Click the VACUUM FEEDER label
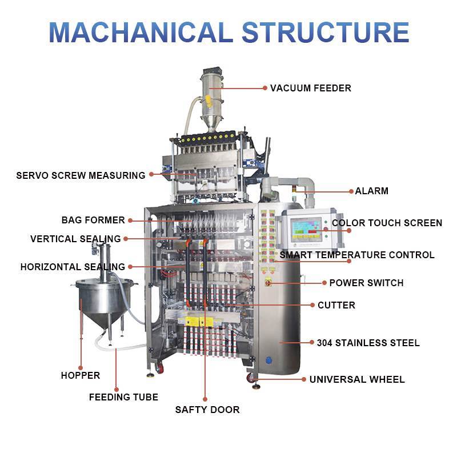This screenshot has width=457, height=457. point(310,88)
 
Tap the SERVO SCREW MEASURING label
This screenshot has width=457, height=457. point(81,175)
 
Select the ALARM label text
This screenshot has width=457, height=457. point(371,191)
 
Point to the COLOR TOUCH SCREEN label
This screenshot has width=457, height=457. point(387,223)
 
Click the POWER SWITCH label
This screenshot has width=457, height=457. point(366,283)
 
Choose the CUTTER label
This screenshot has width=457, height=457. point(336,305)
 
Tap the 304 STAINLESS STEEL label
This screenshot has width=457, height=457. point(368,343)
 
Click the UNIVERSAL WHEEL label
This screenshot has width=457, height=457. point(357,379)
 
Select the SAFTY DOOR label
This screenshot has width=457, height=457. point(207,410)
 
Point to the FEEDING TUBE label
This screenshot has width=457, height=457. point(123,397)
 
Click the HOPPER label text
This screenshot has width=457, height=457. point(81,375)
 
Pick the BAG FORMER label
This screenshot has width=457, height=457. point(93,220)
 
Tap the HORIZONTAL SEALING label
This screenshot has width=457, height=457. point(73,267)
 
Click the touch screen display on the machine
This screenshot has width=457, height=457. point(306,229)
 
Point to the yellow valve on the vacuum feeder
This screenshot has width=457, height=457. point(209,103)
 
